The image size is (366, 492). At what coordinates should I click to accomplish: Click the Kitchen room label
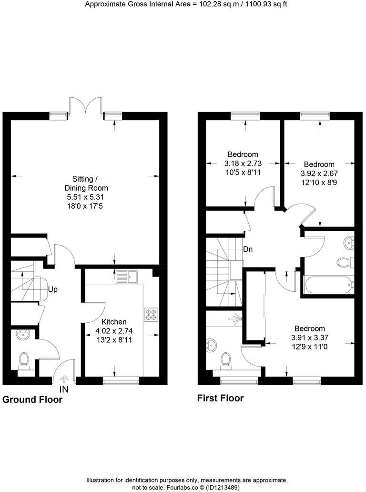click(114, 322)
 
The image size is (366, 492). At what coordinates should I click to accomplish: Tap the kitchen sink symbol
click(126, 276)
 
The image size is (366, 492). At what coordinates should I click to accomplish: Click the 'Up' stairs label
click(53, 289)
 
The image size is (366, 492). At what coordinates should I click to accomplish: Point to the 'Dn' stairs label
click(248, 249)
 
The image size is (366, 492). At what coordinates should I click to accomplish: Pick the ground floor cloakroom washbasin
click(22, 335)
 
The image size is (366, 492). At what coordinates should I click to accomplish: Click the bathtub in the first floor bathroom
click(329, 285)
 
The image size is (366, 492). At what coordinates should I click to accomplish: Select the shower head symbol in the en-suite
click(233, 317)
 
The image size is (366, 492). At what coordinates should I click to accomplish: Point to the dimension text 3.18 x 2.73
click(243, 163)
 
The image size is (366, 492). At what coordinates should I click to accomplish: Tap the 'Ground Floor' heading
click(32, 400)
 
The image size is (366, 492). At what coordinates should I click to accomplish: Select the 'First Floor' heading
click(220, 398)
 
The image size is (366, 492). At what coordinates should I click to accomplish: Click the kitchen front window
click(121, 380)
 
